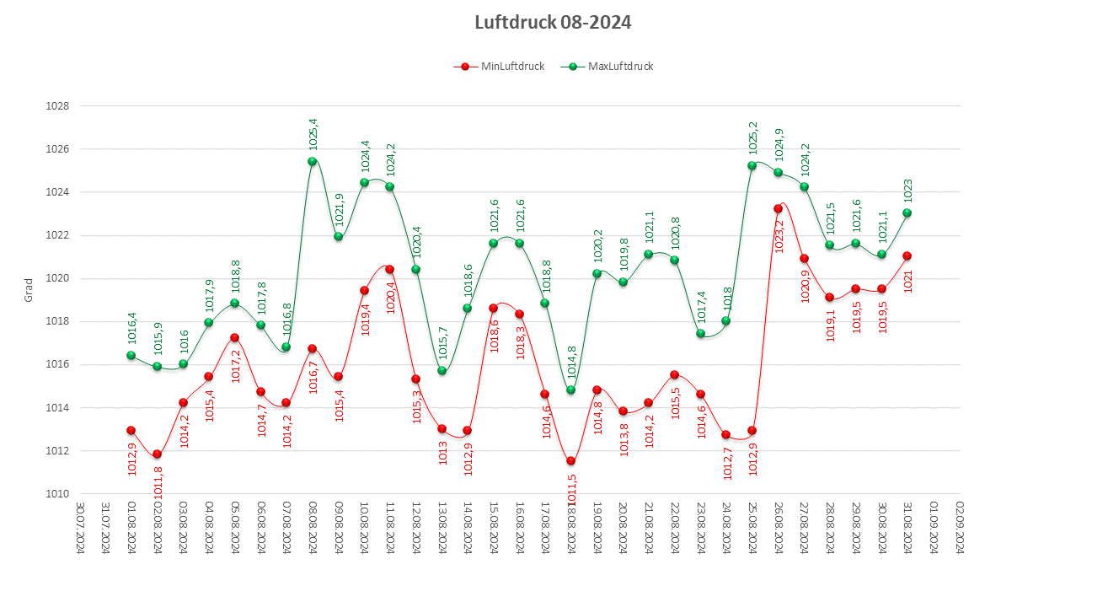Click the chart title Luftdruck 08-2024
click(x=553, y=22)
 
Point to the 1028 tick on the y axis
click(x=58, y=106)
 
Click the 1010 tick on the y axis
click(x=58, y=493)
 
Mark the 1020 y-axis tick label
click(x=58, y=278)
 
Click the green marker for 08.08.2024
click(x=312, y=161)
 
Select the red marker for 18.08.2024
click(x=570, y=460)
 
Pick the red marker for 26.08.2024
click(x=778, y=208)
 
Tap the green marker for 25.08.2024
click(x=752, y=165)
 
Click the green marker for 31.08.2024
click(x=907, y=212)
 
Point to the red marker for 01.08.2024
click(x=131, y=430)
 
